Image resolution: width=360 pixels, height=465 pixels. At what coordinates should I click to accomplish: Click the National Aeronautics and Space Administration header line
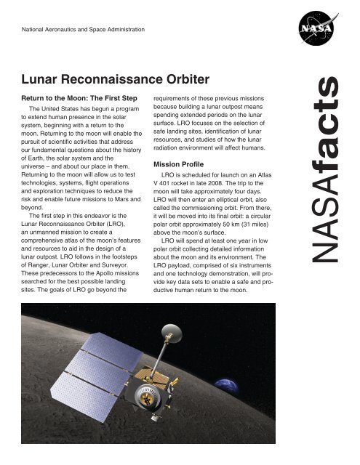click(83, 30)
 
